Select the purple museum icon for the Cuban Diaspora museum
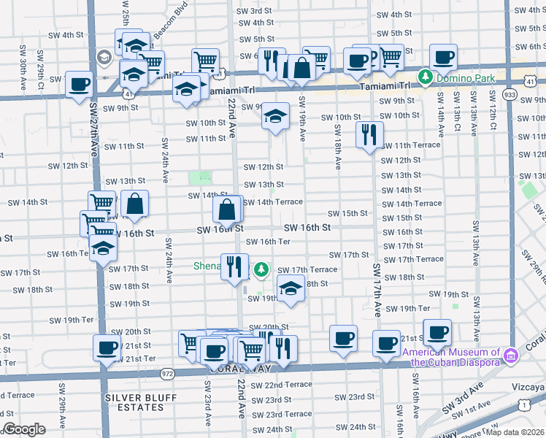point(510,355)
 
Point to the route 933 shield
point(510,95)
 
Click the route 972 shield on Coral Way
point(167,373)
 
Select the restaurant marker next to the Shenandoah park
point(234,266)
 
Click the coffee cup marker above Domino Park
point(443,56)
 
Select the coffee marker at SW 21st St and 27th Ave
point(107,347)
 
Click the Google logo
point(24,429)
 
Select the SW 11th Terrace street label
point(412,145)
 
